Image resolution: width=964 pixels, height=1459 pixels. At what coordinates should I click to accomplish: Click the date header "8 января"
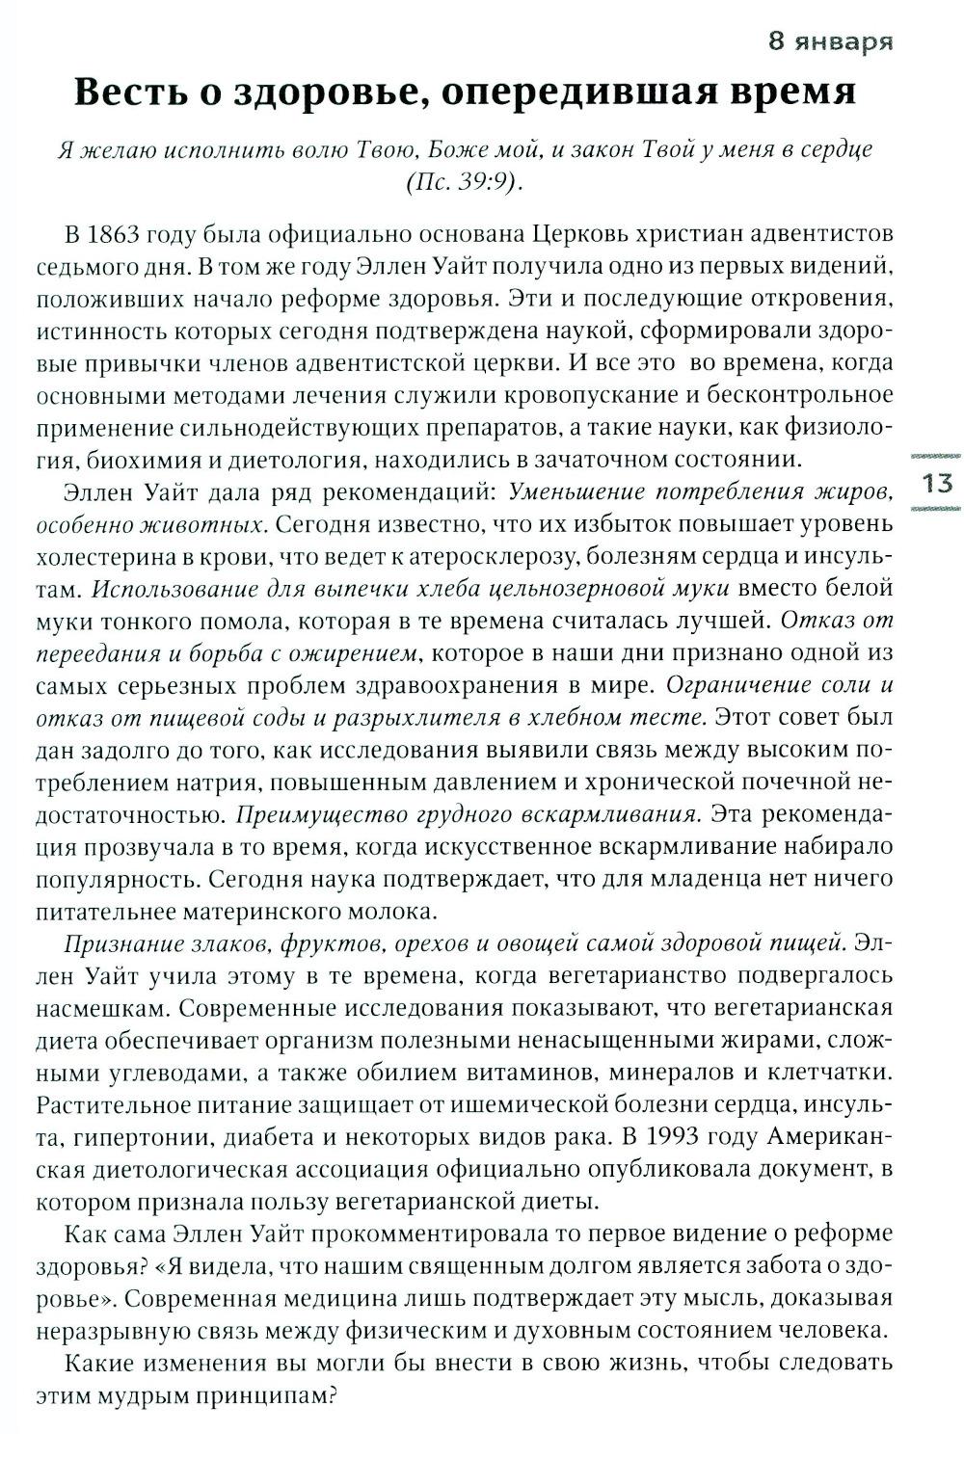(828, 41)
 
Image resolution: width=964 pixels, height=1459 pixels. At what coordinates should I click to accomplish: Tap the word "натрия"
(218, 782)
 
